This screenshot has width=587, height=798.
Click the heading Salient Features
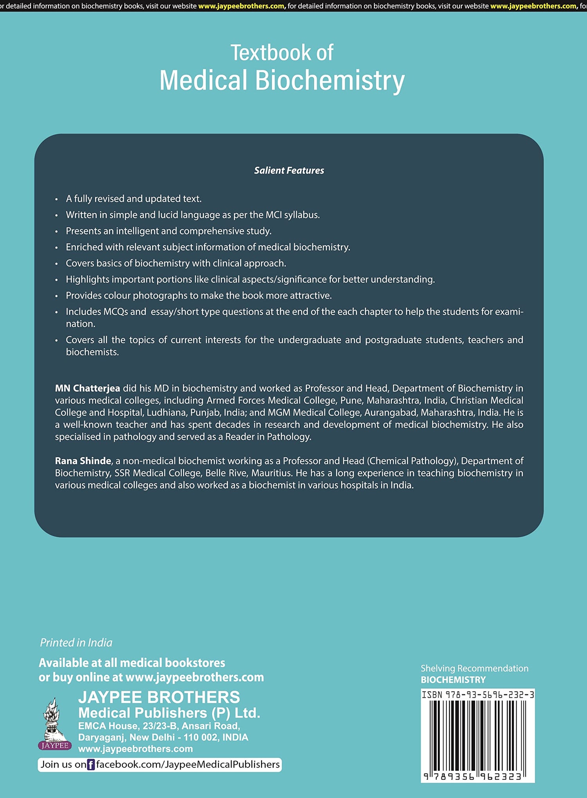(x=289, y=171)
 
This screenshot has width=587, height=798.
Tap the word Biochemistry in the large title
(x=330, y=81)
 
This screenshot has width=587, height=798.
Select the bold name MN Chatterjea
(x=87, y=388)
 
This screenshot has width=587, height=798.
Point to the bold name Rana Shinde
(x=83, y=461)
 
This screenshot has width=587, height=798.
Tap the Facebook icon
(x=91, y=765)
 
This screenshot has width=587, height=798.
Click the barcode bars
(x=477, y=735)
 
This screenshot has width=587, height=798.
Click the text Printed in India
(x=76, y=643)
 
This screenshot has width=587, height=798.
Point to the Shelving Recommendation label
(x=474, y=668)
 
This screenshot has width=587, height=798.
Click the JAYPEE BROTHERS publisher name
(x=159, y=697)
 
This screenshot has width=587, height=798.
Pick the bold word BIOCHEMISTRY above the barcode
(x=453, y=680)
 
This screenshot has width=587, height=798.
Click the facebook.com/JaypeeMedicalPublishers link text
(x=188, y=765)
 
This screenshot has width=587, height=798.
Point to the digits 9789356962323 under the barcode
(x=473, y=776)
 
